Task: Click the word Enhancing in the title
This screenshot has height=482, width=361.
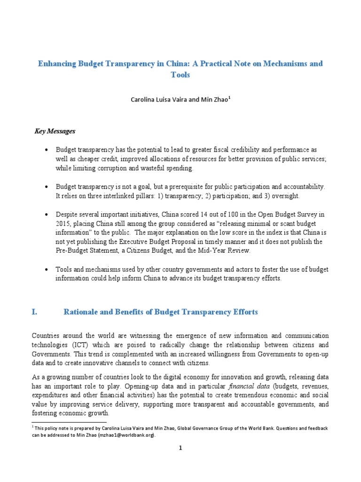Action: coord(56,63)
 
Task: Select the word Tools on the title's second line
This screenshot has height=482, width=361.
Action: coord(180,75)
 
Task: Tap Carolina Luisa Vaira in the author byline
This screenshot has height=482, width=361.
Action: coord(159,100)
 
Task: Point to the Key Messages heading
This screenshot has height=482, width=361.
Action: coord(55,131)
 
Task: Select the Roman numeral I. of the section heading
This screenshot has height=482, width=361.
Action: coord(34,312)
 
